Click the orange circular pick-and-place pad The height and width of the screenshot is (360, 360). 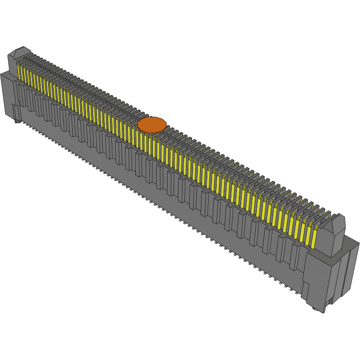152,124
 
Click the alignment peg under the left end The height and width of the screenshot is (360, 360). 18,121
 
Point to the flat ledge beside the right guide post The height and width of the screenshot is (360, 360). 351,243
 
